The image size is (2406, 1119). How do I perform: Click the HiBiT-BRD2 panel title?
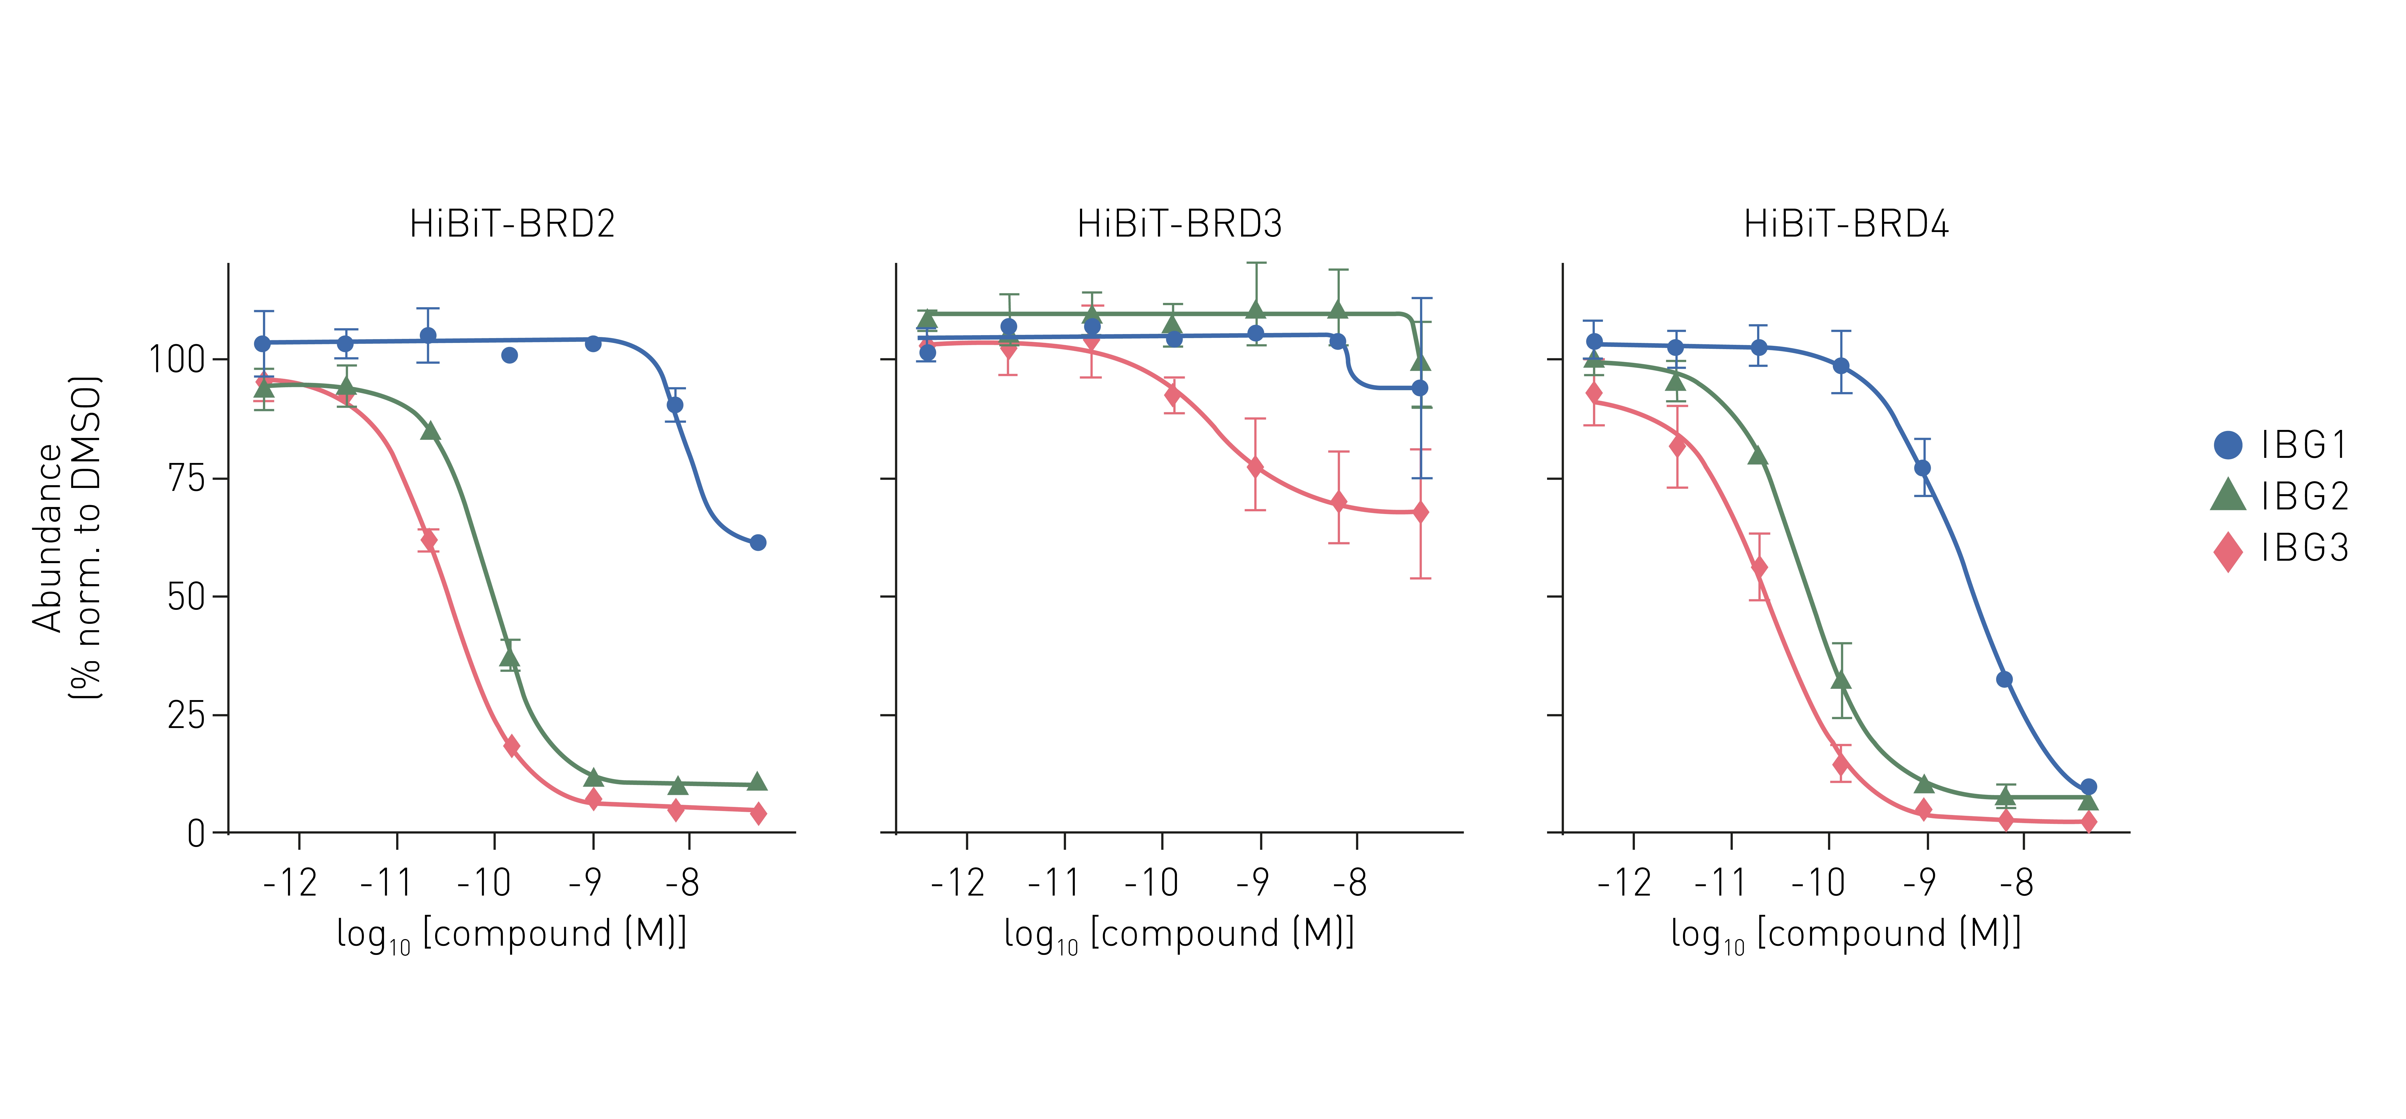512,224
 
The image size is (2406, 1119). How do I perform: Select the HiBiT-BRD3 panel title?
1180,224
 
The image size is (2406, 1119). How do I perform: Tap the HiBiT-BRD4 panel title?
1847,224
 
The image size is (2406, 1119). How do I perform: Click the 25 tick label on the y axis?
186,715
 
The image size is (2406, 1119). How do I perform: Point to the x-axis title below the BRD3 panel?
1179,935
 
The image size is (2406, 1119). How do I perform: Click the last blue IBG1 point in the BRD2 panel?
757,543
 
